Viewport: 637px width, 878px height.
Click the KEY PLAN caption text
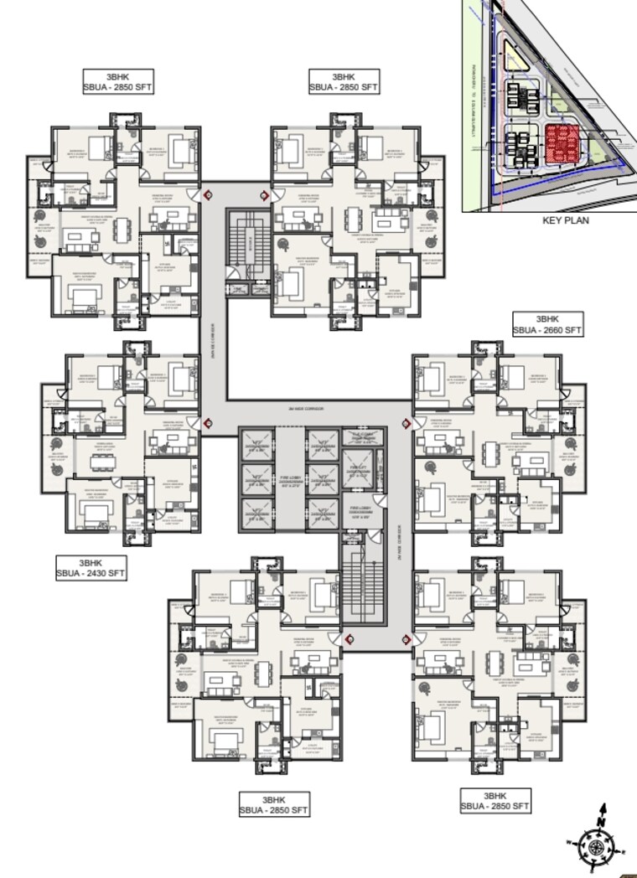(565, 221)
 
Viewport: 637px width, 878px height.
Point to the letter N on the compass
(601, 809)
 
